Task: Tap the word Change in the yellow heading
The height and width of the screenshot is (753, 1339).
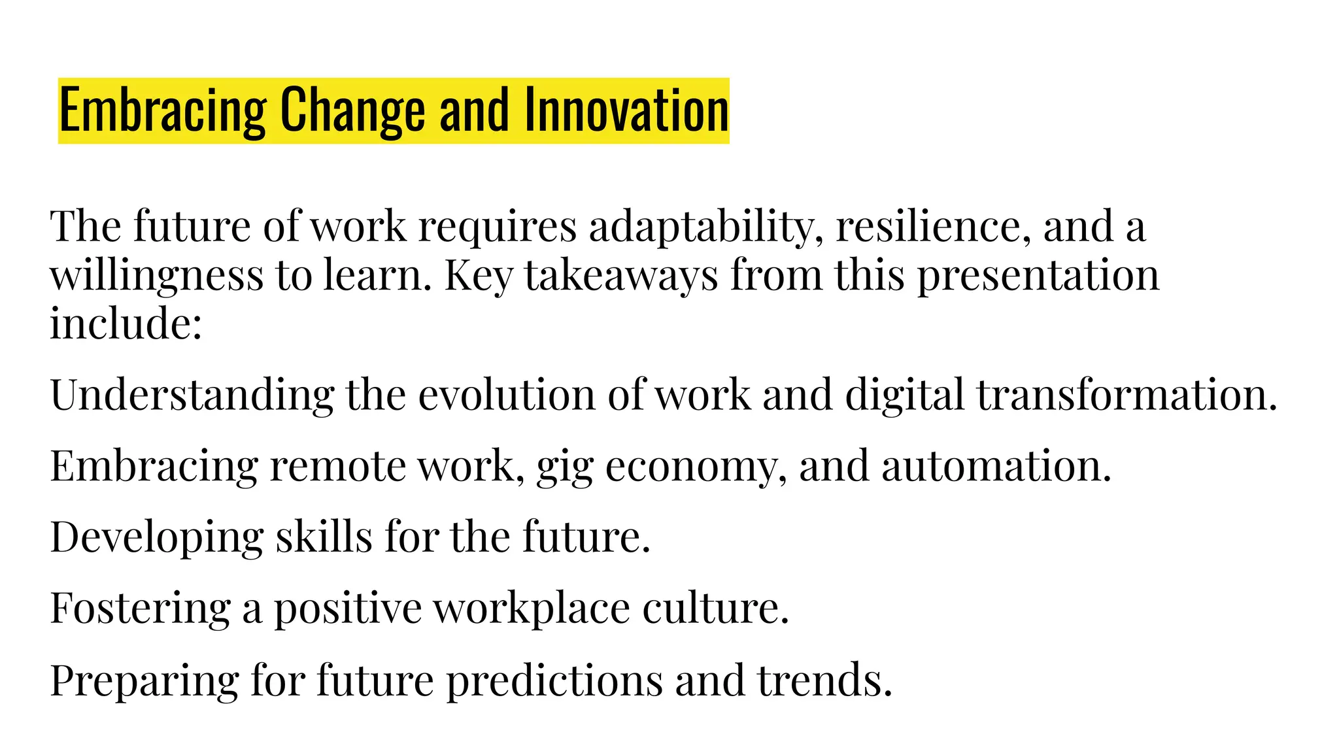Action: [353, 110]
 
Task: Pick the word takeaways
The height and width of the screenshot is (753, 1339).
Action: [621, 276]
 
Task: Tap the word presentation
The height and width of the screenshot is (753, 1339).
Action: [1038, 276]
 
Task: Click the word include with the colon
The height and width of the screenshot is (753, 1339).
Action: [126, 324]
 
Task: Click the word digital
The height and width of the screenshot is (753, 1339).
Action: [904, 395]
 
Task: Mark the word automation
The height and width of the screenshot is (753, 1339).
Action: [996, 467]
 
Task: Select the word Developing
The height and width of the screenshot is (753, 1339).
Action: [157, 538]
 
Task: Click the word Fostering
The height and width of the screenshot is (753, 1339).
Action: [141, 609]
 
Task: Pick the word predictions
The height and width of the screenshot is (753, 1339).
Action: [554, 681]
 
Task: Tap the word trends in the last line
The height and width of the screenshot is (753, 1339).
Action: [825, 681]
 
